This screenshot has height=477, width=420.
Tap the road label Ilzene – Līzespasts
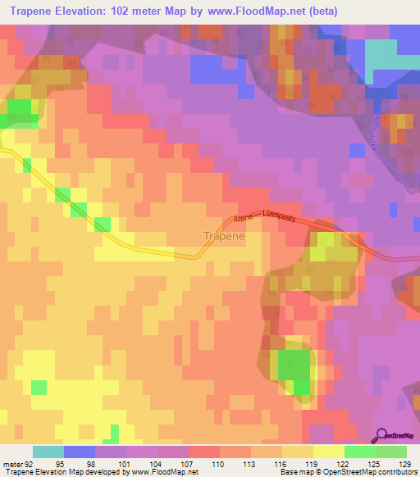pos(265,216)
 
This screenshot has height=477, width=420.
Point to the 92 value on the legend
pos(32,463)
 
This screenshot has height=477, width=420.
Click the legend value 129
pos(406,463)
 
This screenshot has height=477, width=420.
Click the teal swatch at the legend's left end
pos(48,452)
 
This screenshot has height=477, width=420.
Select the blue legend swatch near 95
pos(79,452)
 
